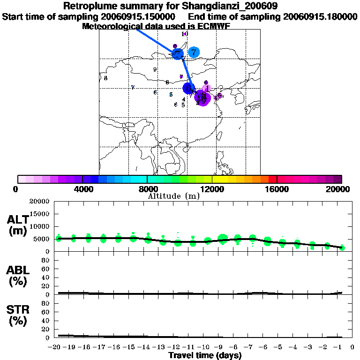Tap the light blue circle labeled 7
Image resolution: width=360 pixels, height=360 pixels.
point(194,52)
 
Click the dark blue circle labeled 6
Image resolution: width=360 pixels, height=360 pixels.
point(188,88)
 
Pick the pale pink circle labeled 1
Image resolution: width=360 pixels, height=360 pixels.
point(208,88)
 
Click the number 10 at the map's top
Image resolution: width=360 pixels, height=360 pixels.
point(185,34)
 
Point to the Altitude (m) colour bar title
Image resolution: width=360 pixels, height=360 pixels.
point(174,196)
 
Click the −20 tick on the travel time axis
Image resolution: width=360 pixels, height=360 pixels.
point(55,347)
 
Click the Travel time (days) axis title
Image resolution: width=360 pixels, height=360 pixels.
point(205,356)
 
